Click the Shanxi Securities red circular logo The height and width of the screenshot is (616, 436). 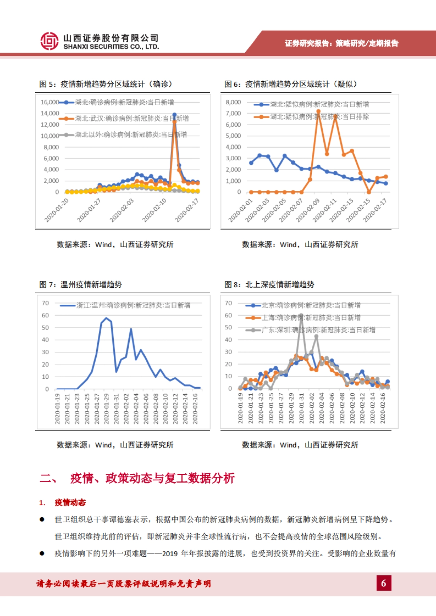click(49, 41)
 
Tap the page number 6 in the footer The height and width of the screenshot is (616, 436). click(384, 583)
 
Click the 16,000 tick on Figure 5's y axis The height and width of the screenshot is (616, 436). click(50, 102)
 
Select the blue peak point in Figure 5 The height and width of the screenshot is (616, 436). click(174, 115)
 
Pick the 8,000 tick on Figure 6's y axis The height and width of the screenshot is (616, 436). click(233, 102)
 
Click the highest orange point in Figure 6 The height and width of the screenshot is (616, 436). click(318, 111)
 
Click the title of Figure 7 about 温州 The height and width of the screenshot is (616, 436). click(81, 284)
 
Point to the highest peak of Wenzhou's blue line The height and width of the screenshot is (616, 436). click(106, 318)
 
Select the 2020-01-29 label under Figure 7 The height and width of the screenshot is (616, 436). click(106, 408)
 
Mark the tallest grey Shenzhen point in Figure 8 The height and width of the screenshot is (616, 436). click(301, 316)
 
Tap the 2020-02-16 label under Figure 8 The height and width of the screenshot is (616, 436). click(383, 408)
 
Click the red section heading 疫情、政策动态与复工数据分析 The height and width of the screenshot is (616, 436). click(152, 478)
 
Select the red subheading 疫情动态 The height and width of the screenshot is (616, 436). click(70, 502)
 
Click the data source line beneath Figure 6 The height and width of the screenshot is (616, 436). click(300, 245)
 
